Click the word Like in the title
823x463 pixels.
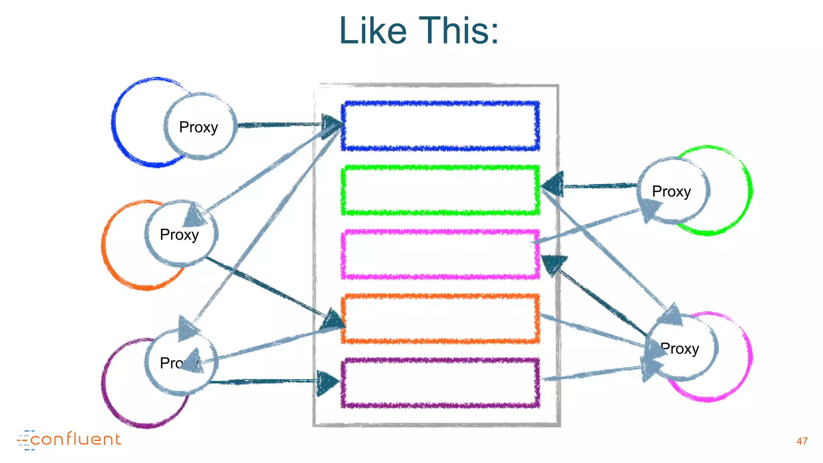(x=373, y=31)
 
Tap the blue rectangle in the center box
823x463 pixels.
(x=440, y=126)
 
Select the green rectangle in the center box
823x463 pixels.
(x=440, y=190)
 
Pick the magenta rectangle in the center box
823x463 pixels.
(x=440, y=254)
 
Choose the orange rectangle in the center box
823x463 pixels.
(x=440, y=319)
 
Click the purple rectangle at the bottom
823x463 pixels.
(x=440, y=383)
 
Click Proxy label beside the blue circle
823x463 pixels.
(x=199, y=127)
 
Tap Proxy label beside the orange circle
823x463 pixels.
(x=179, y=235)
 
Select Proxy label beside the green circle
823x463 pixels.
(x=671, y=192)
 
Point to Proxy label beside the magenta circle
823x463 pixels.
(x=680, y=348)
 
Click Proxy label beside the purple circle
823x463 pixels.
(x=173, y=363)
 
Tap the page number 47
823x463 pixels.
(x=802, y=441)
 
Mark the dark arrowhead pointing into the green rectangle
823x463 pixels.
(x=554, y=185)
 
